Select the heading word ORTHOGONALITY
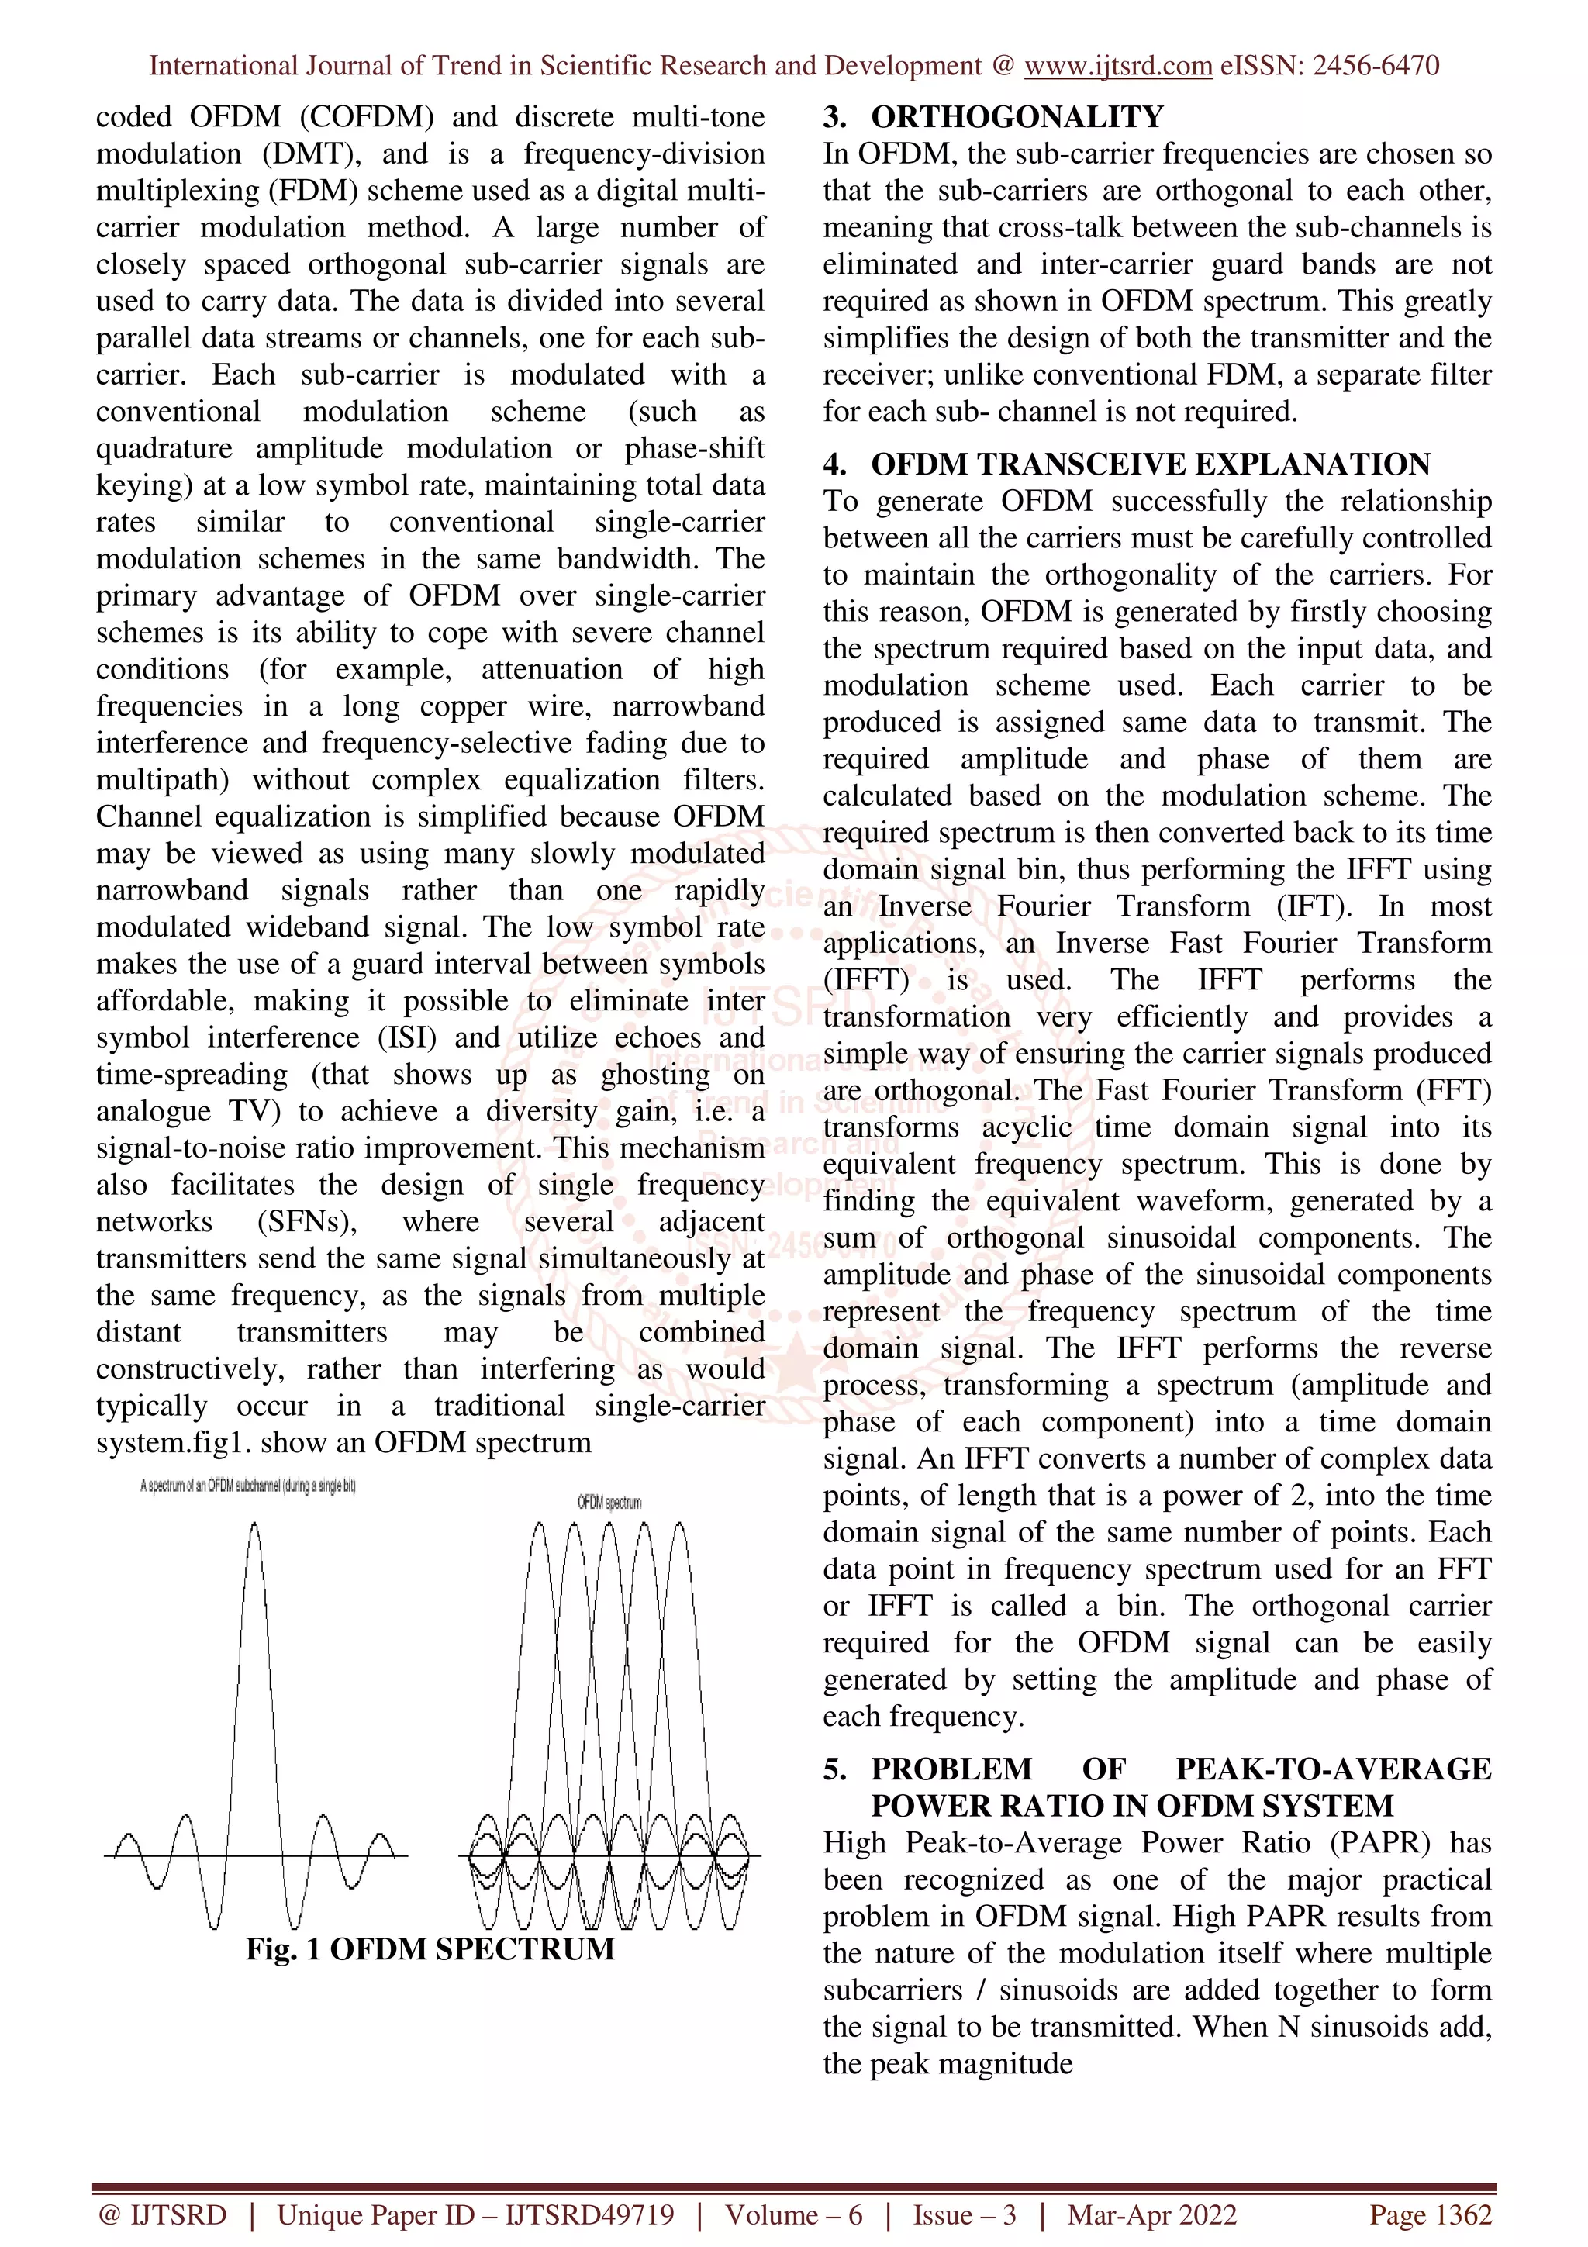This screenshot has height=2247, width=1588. (x=1017, y=116)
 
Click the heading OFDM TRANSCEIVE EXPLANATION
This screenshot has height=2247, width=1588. (x=1151, y=464)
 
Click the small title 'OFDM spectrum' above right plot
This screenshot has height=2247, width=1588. (x=609, y=1502)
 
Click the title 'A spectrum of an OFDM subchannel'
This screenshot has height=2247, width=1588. (x=247, y=1486)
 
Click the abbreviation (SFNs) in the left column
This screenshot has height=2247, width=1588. (x=306, y=1221)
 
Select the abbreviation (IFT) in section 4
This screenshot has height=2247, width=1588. (x=1314, y=906)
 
